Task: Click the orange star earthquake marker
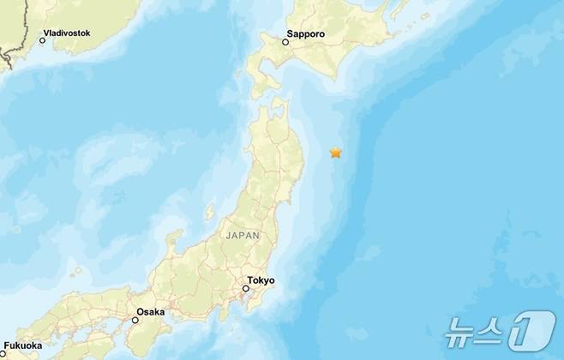click(x=336, y=153)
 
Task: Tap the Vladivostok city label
click(x=69, y=33)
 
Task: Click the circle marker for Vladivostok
click(x=42, y=39)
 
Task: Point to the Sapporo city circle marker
click(x=285, y=40)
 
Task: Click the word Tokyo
click(x=261, y=280)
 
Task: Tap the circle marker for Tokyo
click(x=245, y=288)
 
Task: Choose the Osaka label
click(x=150, y=312)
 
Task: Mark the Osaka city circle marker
click(x=135, y=320)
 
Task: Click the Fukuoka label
click(x=22, y=345)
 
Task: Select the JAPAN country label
click(x=243, y=234)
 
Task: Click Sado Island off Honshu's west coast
click(x=210, y=211)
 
